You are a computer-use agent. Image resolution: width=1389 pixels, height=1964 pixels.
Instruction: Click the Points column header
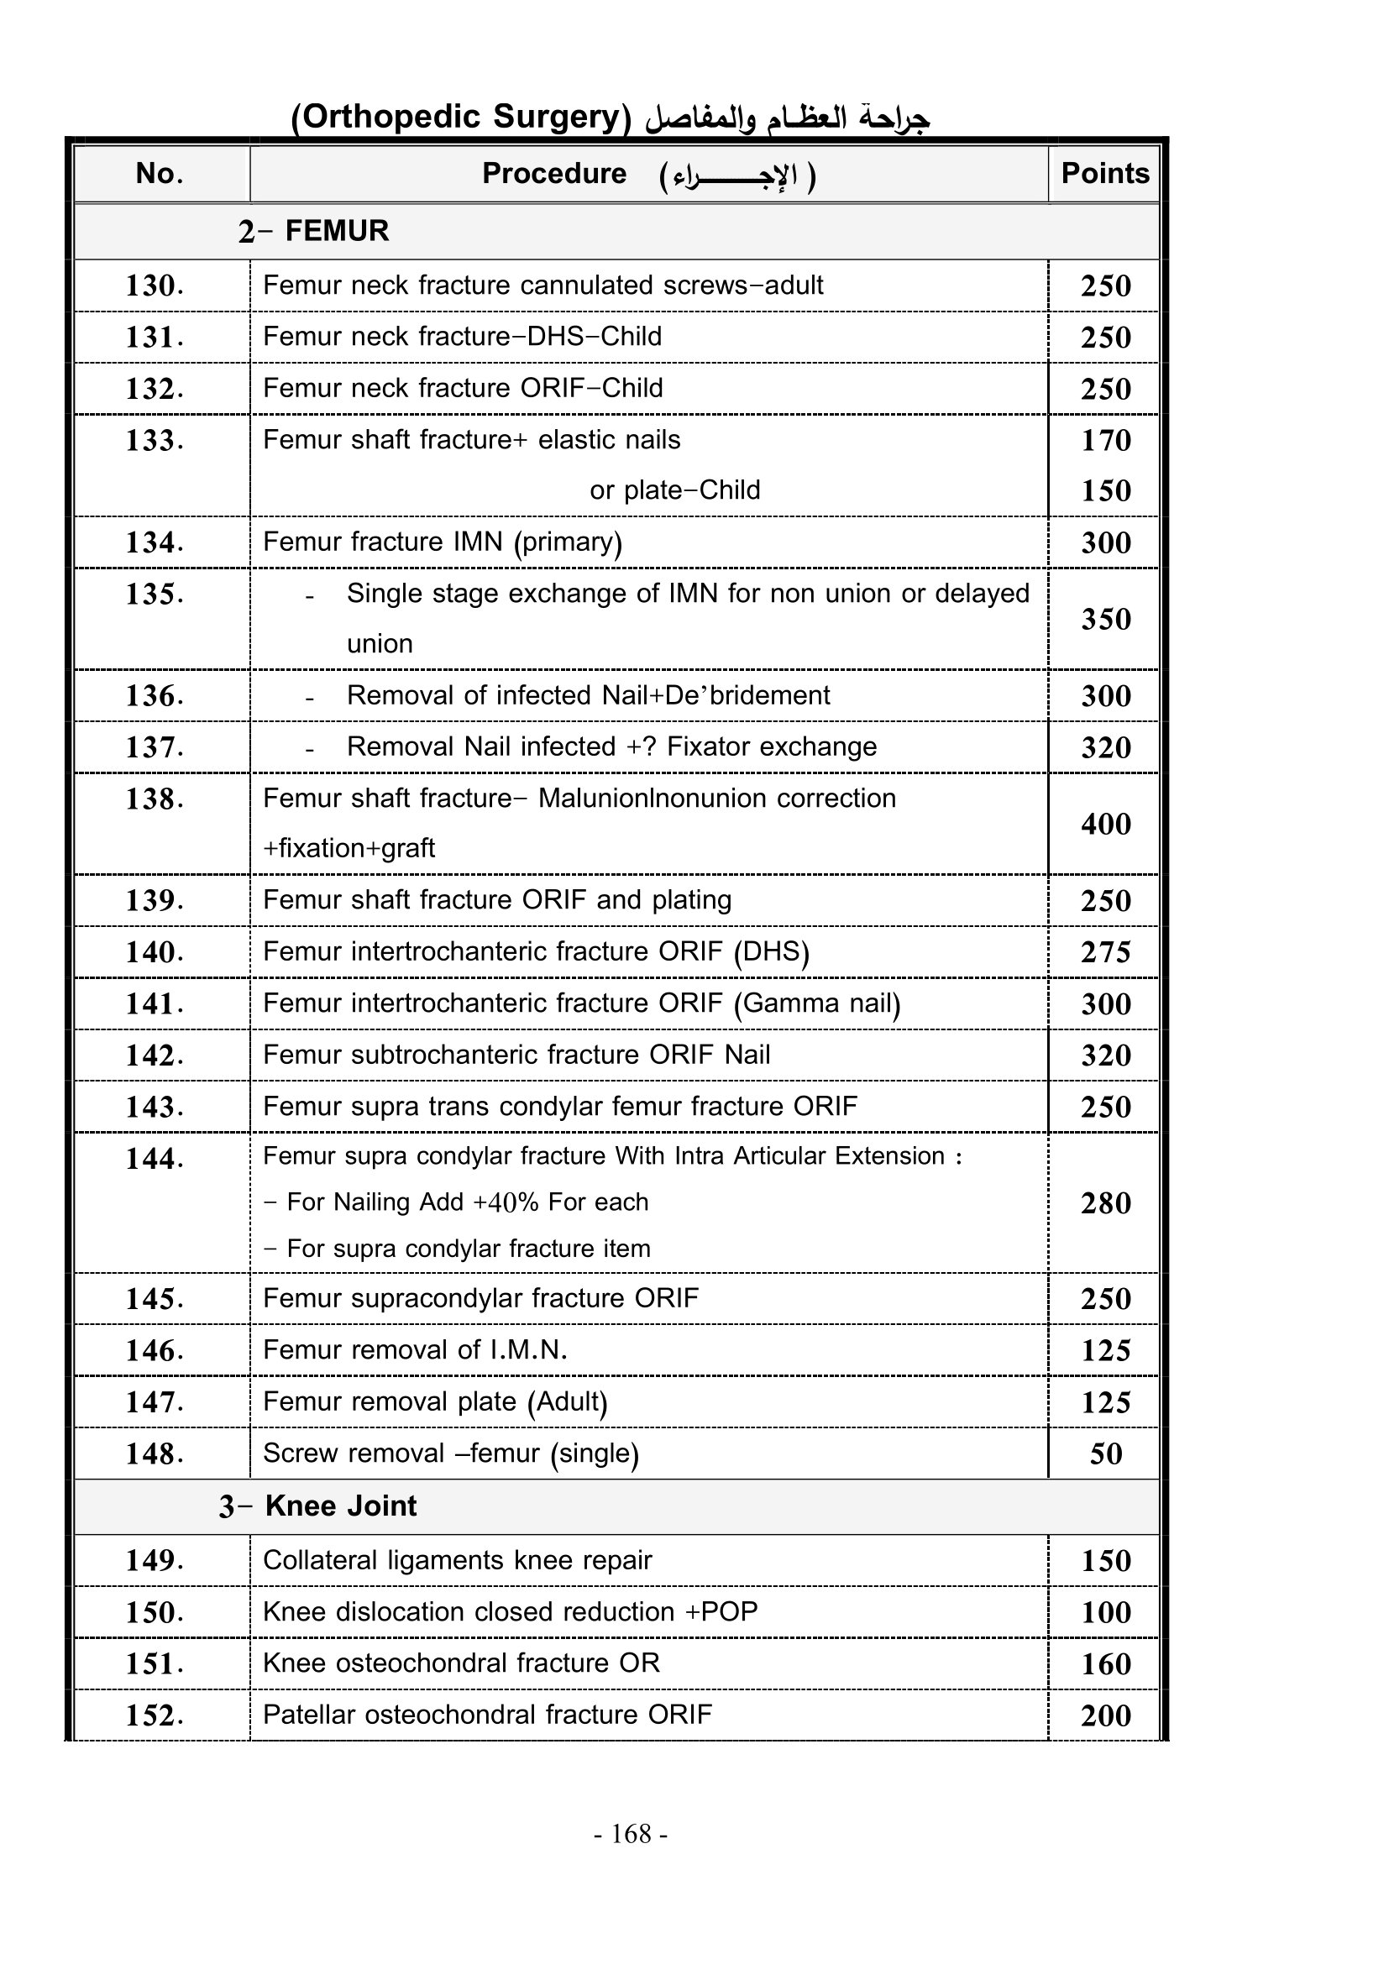pos(1104,174)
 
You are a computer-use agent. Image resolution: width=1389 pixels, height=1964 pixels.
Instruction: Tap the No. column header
pos(159,174)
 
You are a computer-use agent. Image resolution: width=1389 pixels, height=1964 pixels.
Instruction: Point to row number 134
pos(154,542)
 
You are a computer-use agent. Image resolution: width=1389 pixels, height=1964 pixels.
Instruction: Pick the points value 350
pos(1105,619)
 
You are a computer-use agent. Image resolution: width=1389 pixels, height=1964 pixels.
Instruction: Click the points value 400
pos(1105,824)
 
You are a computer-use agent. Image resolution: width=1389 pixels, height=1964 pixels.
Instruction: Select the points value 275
pos(1105,952)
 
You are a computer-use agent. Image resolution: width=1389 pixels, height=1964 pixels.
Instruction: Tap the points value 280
pos(1105,1202)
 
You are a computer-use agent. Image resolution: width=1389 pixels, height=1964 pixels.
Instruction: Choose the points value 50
pos(1105,1453)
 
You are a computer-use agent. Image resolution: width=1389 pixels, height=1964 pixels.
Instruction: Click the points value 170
pos(1105,440)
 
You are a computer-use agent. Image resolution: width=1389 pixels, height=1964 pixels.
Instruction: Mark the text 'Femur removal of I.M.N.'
pos(415,1350)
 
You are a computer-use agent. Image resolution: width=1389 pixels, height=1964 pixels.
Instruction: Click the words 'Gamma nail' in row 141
pos(818,1003)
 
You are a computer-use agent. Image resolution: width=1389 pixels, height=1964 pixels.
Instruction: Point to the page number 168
pos(632,1833)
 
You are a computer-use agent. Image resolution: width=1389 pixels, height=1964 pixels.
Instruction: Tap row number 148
pos(154,1453)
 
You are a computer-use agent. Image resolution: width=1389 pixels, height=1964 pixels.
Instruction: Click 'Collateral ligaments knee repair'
pos(457,1560)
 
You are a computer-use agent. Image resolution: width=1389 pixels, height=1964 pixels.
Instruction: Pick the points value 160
pos(1105,1663)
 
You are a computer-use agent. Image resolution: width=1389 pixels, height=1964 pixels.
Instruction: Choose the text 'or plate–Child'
pos(674,490)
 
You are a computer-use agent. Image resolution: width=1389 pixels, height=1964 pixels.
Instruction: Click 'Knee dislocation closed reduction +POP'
pos(510,1611)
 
